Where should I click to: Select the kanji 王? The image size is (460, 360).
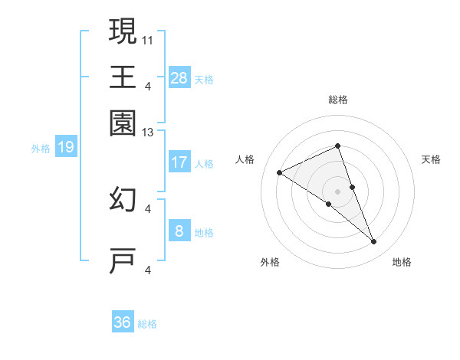click(123, 77)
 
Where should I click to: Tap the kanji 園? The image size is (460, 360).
click(123, 123)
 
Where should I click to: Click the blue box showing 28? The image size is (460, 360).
click(179, 77)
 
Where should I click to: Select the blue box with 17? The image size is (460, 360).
click(179, 162)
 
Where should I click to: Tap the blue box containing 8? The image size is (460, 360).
click(179, 231)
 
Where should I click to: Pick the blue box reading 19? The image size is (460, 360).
click(65, 147)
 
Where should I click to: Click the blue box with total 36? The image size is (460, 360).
click(123, 322)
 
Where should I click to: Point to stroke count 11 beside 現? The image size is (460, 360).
click(148, 38)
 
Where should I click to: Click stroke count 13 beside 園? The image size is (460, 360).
click(148, 133)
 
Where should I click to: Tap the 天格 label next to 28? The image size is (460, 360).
click(204, 79)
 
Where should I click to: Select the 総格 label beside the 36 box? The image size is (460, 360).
click(147, 324)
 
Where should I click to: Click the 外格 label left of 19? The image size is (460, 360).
click(41, 148)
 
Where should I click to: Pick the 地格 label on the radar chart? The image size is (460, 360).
click(402, 263)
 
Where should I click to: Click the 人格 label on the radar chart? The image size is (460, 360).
click(245, 159)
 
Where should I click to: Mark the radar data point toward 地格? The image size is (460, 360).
click(374, 242)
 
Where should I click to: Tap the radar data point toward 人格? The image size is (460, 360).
click(280, 173)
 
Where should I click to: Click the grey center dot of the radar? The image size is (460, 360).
click(337, 191)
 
